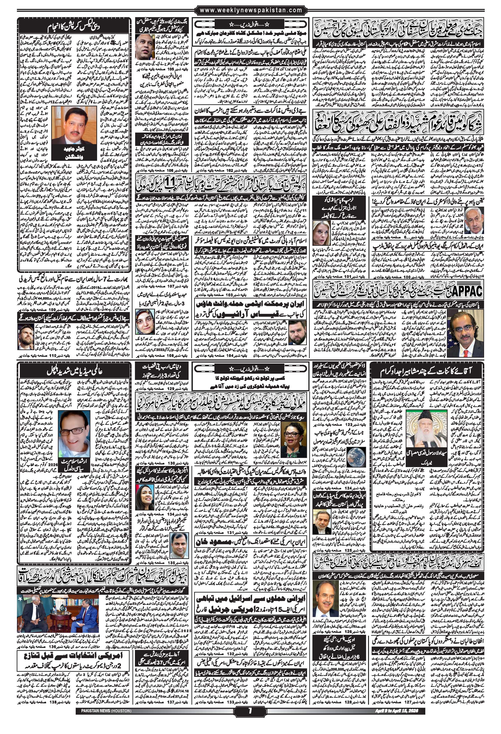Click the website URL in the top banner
[x=251, y=10]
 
